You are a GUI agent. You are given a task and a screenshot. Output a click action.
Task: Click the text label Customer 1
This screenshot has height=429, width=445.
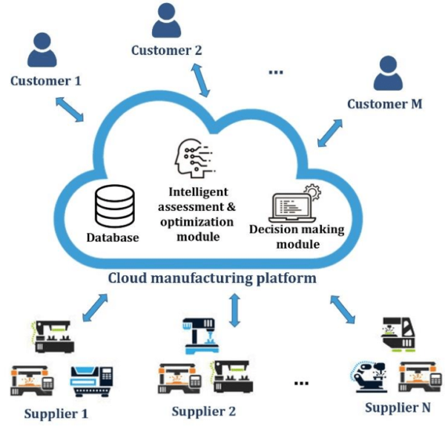pyautogui.click(x=45, y=80)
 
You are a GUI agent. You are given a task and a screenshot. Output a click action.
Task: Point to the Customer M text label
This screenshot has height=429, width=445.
pyautogui.click(x=385, y=104)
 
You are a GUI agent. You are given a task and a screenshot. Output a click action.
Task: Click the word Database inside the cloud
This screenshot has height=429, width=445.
pyautogui.click(x=113, y=238)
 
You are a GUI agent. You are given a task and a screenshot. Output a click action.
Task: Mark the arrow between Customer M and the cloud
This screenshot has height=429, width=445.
pyautogui.click(x=329, y=131)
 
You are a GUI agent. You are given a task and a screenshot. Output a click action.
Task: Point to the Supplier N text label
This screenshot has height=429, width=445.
pyautogui.click(x=398, y=408)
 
